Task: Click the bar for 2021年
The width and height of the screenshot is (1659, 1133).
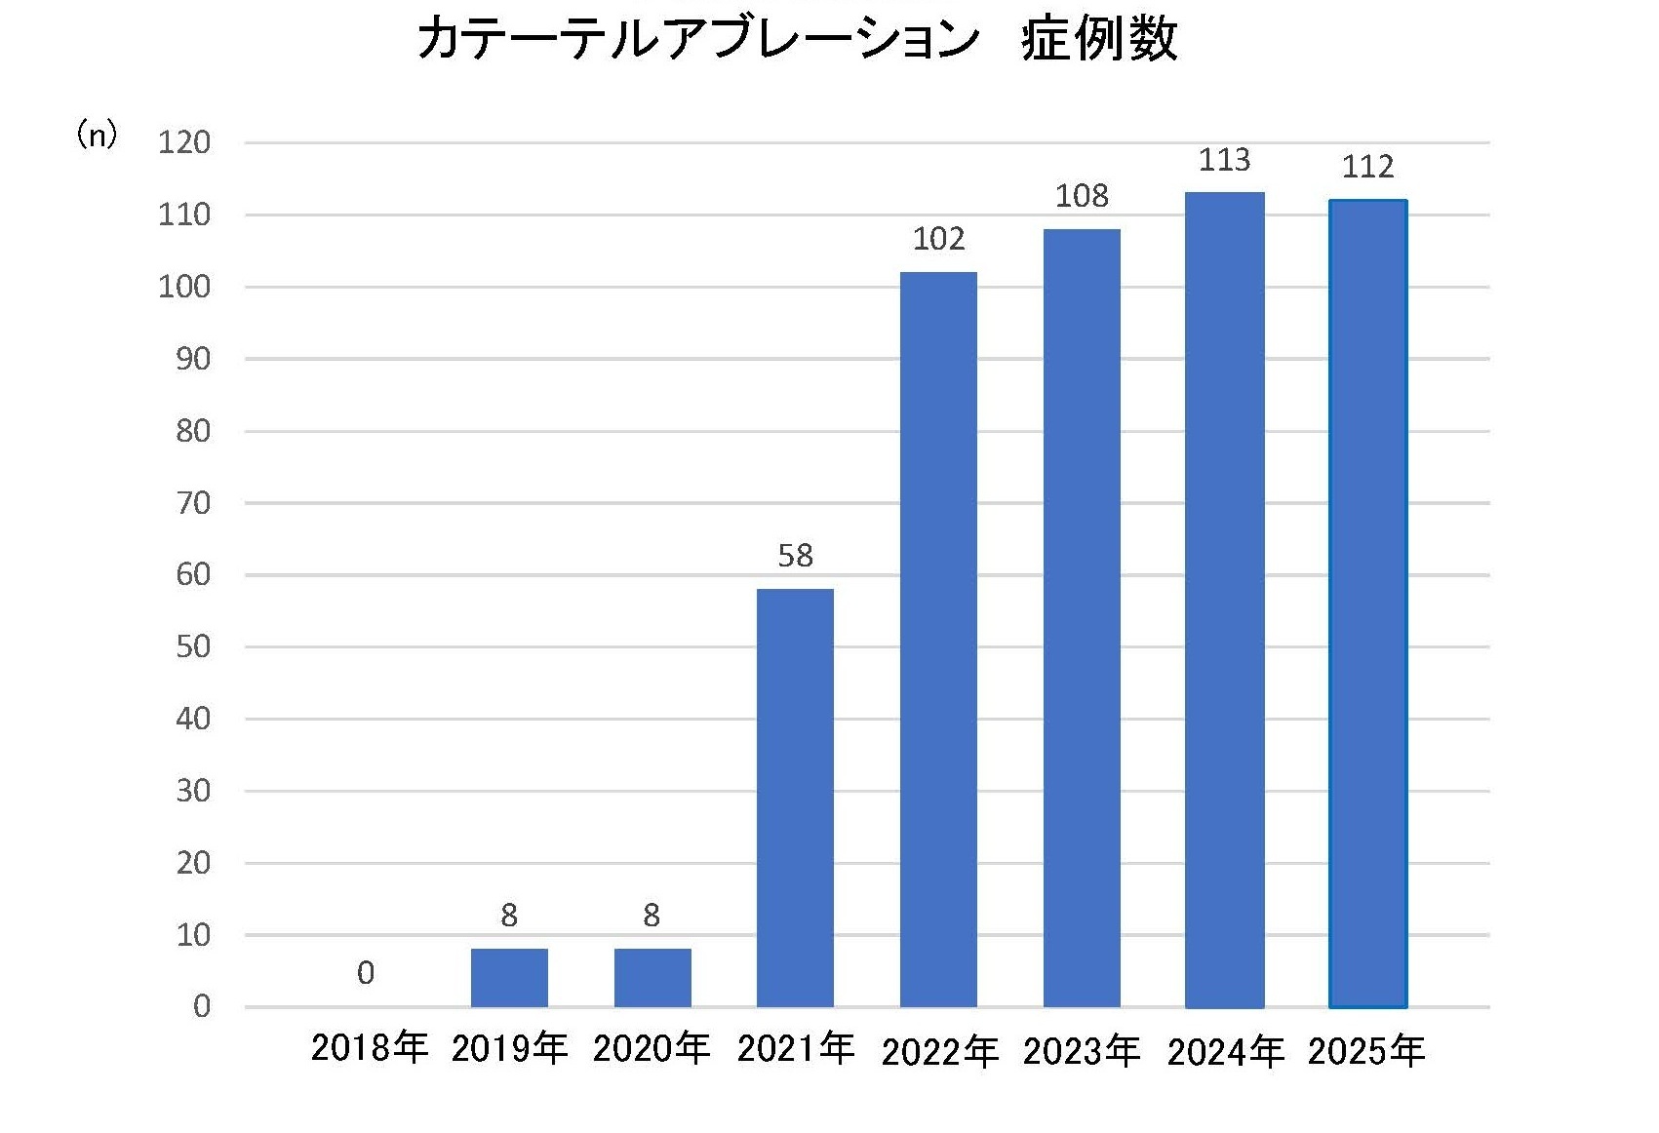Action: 795,798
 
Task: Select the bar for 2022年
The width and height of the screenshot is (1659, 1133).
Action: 938,639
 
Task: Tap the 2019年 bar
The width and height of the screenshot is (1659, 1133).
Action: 509,977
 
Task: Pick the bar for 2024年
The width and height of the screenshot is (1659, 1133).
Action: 1225,600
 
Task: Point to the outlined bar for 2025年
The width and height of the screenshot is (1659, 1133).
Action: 1367,603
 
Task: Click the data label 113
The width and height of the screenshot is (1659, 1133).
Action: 1224,159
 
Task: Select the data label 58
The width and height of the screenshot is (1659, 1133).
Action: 795,556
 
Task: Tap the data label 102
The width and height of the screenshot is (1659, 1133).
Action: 938,239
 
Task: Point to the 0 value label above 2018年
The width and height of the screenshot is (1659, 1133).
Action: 366,973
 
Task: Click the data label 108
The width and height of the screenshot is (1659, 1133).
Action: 1082,196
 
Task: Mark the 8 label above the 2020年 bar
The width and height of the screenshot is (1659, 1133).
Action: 652,916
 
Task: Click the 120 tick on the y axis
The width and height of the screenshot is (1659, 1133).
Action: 184,143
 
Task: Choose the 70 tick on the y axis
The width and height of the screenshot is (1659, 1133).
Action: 193,503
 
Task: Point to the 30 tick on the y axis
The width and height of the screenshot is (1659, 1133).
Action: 193,791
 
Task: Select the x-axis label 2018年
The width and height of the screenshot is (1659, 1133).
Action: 370,1048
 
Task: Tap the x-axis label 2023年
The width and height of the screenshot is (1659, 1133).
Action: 1082,1051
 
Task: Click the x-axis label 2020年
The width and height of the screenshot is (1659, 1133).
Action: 652,1048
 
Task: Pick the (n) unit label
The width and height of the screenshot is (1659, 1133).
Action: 98,135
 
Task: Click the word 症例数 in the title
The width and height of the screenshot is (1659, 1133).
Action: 1099,41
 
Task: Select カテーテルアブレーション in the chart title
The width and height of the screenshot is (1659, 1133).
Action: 698,41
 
